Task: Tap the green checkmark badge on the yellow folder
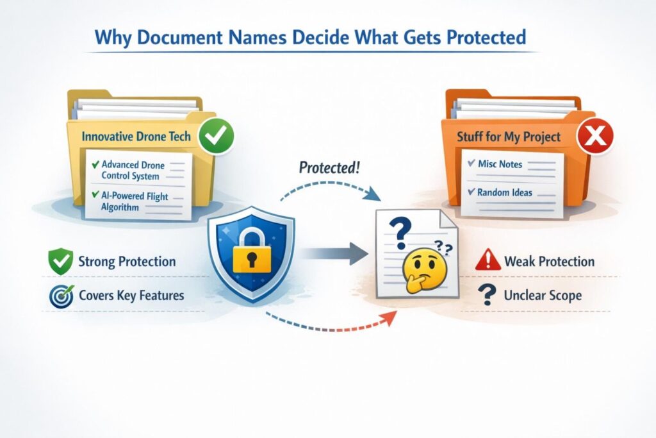tap(217, 136)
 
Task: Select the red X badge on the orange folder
tap(595, 136)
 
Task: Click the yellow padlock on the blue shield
tap(251, 250)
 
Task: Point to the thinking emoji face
tap(423, 271)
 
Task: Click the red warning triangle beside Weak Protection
tap(488, 260)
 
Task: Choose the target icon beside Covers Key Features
tap(61, 296)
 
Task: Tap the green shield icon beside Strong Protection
tap(61, 261)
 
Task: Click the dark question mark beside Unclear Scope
tap(487, 294)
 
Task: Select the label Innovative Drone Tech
tap(136, 137)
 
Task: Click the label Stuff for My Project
tap(508, 137)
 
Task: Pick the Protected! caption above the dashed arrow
tap(329, 167)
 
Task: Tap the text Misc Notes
tap(500, 164)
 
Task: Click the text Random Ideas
tap(505, 192)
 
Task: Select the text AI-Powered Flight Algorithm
tap(135, 201)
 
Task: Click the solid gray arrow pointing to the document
tap(333, 253)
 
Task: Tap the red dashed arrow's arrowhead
tap(390, 317)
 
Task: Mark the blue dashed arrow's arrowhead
tap(373, 194)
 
